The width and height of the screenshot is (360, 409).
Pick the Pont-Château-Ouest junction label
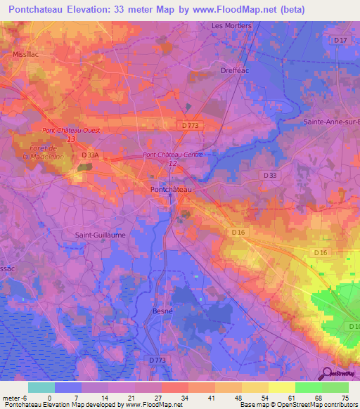click(70, 131)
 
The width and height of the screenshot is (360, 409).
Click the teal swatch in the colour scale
click(41, 387)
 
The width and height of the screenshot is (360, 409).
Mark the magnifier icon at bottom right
click(326, 373)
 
